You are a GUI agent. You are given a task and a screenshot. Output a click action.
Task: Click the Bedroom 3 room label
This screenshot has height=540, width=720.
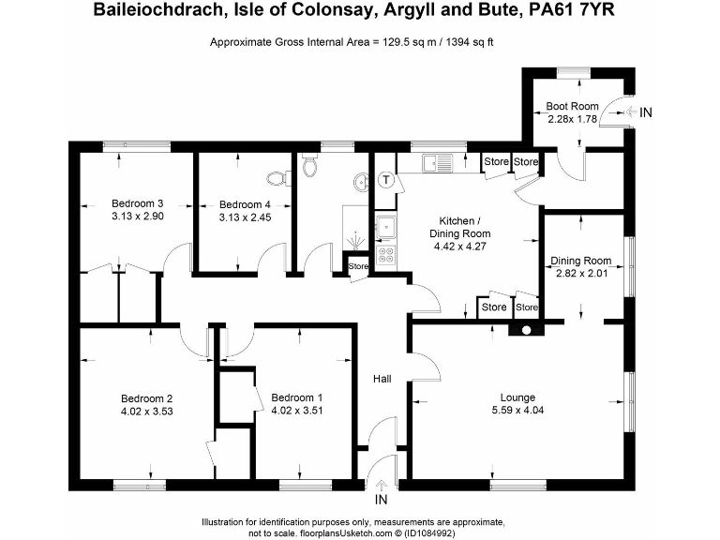coord(138,203)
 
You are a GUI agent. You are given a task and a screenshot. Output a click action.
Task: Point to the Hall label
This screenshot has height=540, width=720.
coord(382,379)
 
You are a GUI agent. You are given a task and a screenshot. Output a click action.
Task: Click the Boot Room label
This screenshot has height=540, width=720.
coord(573,107)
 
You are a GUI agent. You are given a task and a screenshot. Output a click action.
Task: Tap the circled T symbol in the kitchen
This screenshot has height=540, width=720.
coord(385,179)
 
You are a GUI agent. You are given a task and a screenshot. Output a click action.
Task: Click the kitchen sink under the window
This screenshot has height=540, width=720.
coord(436,164)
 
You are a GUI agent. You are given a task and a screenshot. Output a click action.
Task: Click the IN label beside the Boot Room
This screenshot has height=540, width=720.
coord(646,112)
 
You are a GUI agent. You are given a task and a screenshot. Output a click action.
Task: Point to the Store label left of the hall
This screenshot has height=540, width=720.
coord(358,266)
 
